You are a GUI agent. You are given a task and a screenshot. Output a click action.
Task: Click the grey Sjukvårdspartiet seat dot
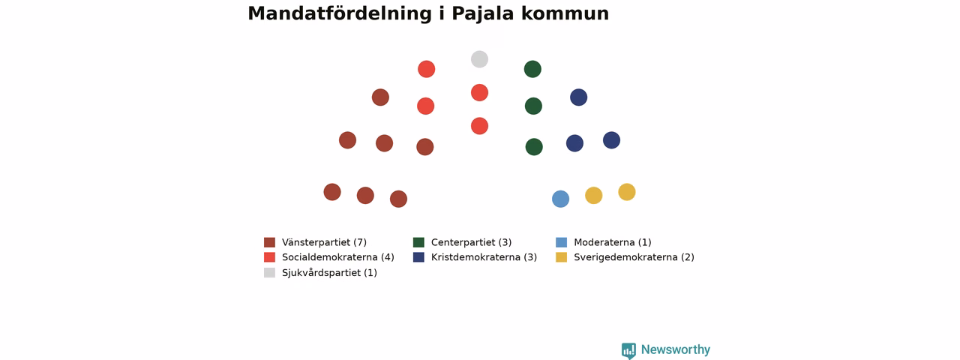click(x=479, y=59)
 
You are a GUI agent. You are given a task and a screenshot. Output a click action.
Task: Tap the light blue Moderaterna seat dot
click(x=560, y=199)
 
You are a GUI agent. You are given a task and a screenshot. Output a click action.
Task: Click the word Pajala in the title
click(x=482, y=13)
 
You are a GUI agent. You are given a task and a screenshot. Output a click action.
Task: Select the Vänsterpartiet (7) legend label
click(x=325, y=242)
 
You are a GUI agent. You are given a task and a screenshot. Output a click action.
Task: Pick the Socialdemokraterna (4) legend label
click(x=338, y=257)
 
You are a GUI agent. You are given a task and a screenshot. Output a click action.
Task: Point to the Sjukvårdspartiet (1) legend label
click(x=329, y=273)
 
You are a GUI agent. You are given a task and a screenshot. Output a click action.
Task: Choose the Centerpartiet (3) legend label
click(x=472, y=242)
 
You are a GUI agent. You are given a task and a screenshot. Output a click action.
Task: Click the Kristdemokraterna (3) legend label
click(x=484, y=257)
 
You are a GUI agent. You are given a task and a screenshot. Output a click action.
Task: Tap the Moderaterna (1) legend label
click(x=613, y=242)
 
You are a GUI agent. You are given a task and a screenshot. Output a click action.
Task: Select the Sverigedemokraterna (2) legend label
click(x=634, y=257)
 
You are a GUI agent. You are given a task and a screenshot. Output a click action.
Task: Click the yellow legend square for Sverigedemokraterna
click(x=562, y=257)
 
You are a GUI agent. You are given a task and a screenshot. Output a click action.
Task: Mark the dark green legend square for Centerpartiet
click(x=418, y=242)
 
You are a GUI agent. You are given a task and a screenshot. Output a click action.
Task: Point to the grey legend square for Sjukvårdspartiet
click(x=269, y=272)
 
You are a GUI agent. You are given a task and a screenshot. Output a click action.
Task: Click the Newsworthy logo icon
click(x=628, y=350)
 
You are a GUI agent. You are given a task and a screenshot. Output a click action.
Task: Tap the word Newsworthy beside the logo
click(x=676, y=349)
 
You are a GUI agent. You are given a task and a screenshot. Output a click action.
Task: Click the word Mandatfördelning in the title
click(x=340, y=13)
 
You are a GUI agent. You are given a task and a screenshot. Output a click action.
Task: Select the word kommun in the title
click(x=565, y=13)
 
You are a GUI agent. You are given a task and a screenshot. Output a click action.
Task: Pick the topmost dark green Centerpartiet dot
click(x=532, y=69)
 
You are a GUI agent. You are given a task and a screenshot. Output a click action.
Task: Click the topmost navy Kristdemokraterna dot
click(x=578, y=97)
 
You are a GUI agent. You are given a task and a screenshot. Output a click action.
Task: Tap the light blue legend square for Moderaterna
click(x=562, y=242)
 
